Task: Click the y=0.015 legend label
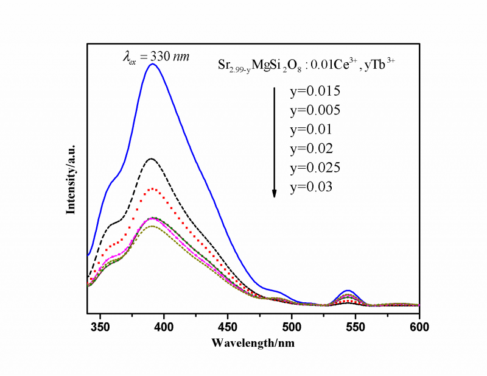(x=315, y=92)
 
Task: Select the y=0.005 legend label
(x=315, y=111)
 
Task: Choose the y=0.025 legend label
(x=315, y=168)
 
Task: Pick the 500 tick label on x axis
(x=292, y=325)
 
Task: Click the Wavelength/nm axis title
(x=253, y=342)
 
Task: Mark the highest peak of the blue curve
(x=152, y=64)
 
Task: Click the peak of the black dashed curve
(x=151, y=158)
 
